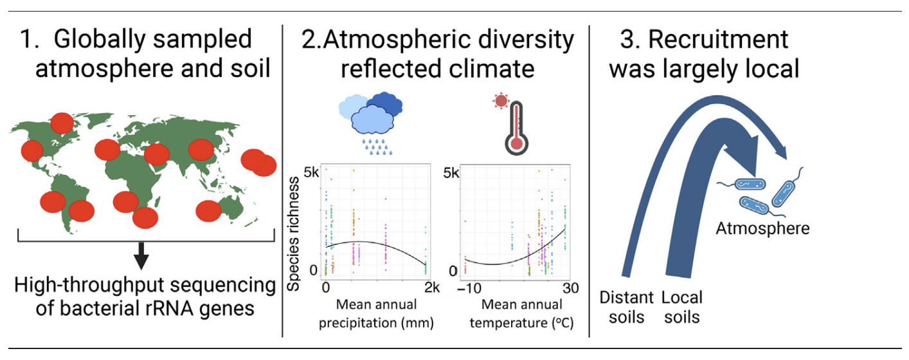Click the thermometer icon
click(x=516, y=128)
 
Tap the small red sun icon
click(x=501, y=101)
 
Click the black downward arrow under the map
click(x=141, y=256)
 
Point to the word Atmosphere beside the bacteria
click(x=762, y=228)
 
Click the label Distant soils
click(x=627, y=307)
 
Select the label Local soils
click(x=681, y=307)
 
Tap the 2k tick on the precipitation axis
click(x=432, y=288)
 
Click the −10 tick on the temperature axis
click(x=469, y=288)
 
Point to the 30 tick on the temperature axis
click(x=571, y=288)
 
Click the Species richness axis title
click(x=293, y=234)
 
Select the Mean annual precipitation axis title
click(x=376, y=314)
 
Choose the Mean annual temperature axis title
click(x=522, y=314)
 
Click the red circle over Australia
click(x=208, y=211)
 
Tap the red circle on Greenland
click(x=62, y=123)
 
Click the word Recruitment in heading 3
click(x=718, y=40)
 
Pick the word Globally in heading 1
click(x=100, y=40)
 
